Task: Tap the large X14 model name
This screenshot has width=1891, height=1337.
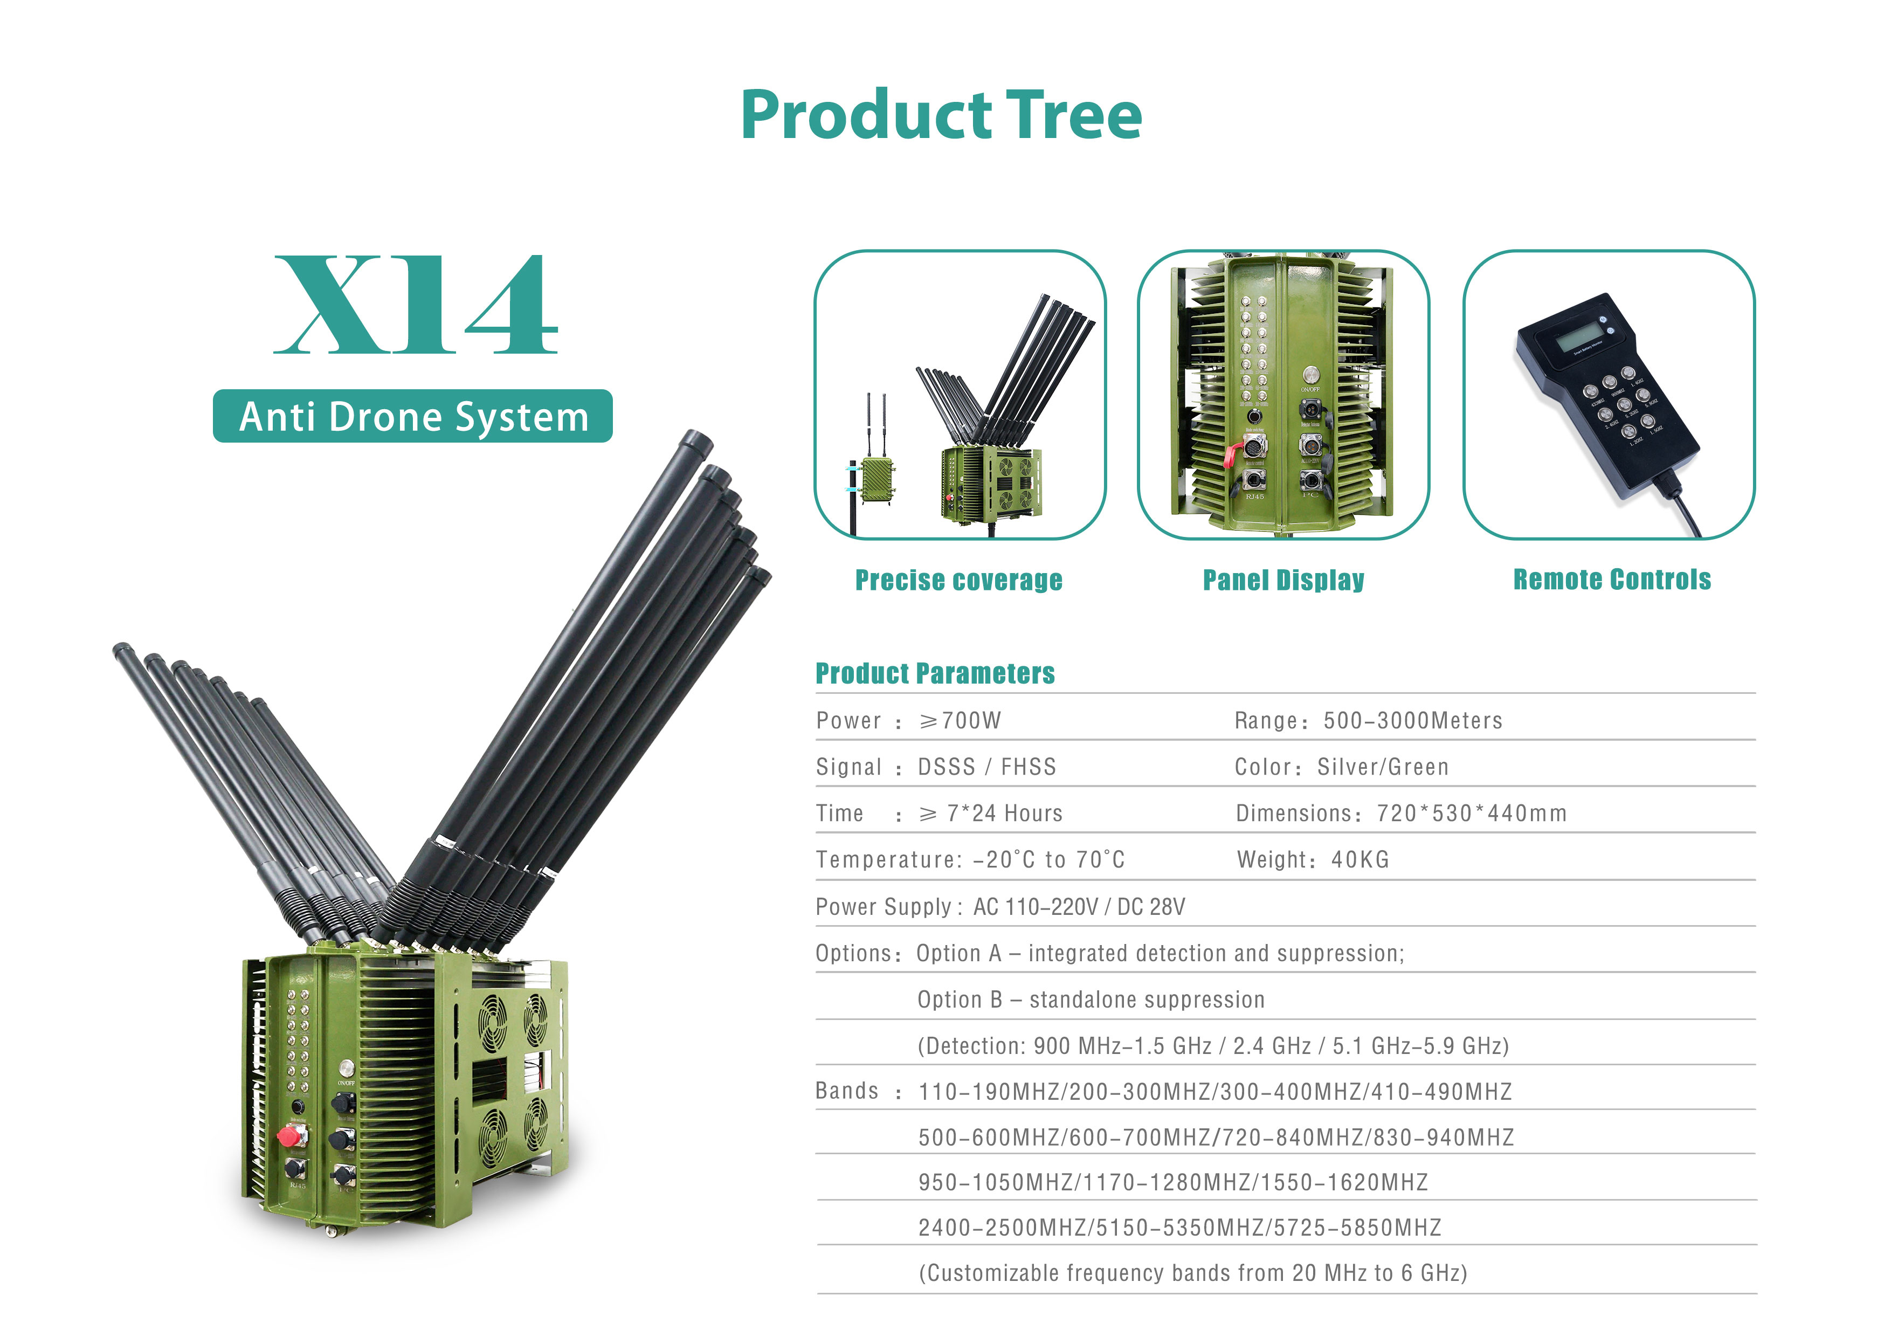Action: (416, 306)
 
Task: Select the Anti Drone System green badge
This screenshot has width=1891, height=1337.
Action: (412, 416)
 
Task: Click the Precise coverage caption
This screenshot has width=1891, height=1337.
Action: (958, 580)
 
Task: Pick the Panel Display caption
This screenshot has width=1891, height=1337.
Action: (1283, 580)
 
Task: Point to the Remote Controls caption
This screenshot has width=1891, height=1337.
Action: (1612, 579)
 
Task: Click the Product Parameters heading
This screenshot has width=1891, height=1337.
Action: (935, 673)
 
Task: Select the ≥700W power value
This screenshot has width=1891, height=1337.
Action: (961, 721)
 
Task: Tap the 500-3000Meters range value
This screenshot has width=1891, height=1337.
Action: (1412, 721)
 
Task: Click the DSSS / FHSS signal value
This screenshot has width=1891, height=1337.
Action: (986, 767)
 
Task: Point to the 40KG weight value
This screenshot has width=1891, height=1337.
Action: (1360, 860)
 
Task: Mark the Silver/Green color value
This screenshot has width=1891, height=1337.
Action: (1382, 767)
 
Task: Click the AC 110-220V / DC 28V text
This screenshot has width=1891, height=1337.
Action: (1079, 907)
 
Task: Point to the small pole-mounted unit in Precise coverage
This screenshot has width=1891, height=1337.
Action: (877, 480)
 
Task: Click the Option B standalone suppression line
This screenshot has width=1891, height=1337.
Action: (1091, 1000)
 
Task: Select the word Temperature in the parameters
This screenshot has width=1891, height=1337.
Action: (885, 860)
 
